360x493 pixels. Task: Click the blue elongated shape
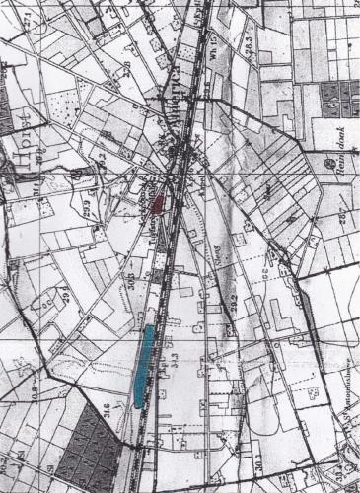(143, 365)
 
